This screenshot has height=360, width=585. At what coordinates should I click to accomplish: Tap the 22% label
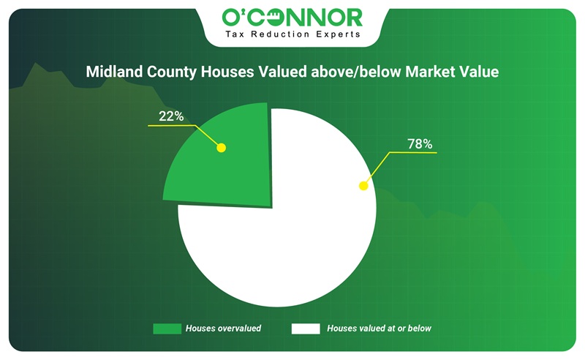[x=171, y=116]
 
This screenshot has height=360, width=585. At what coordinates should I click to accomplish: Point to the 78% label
[x=420, y=143]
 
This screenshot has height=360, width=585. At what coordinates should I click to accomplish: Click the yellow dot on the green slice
[x=222, y=148]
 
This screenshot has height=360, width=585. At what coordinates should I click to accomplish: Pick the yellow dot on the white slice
[x=363, y=186]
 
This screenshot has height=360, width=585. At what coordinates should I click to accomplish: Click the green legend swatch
[x=167, y=329]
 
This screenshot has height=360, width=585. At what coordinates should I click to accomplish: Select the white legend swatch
[x=306, y=329]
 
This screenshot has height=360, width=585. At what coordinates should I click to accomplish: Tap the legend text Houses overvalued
[x=223, y=329]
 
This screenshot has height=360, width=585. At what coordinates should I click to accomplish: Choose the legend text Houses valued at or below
[x=379, y=329]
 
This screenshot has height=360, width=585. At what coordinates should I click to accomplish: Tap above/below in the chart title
[x=356, y=71]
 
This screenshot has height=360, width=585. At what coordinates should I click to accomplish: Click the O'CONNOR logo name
[x=292, y=18]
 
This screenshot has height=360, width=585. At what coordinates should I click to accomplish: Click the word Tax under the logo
[x=235, y=34]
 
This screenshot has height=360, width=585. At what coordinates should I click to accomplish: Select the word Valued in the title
[x=282, y=71]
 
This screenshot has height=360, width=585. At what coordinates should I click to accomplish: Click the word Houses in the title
[x=227, y=71]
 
